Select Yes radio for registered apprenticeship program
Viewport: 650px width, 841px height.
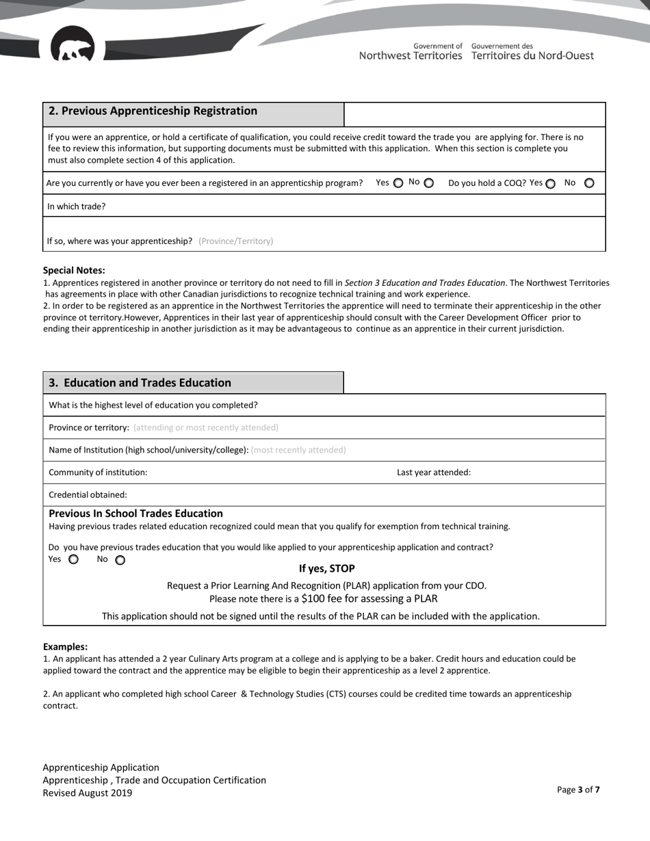pyautogui.click(x=398, y=183)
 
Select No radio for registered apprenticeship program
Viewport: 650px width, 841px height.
pyautogui.click(x=429, y=183)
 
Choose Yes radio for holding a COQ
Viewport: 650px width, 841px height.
pyautogui.click(x=551, y=184)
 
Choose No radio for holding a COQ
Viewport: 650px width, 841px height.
pyautogui.click(x=590, y=183)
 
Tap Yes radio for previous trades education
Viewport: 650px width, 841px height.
pyautogui.click(x=74, y=559)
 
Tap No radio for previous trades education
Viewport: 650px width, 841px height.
pyautogui.click(x=120, y=561)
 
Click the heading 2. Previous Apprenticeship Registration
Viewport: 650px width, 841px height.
pyautogui.click(x=153, y=111)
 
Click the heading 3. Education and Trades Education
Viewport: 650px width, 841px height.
pyautogui.click(x=140, y=383)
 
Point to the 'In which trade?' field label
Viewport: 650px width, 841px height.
pyautogui.click(x=77, y=206)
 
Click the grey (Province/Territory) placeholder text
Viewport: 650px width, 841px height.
pyautogui.click(x=235, y=241)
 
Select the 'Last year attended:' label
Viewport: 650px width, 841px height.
pyautogui.click(x=434, y=472)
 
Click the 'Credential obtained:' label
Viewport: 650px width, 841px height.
pyautogui.click(x=88, y=495)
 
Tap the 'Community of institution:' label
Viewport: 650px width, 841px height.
pyautogui.click(x=98, y=472)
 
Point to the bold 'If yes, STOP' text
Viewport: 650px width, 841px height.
pyautogui.click(x=326, y=569)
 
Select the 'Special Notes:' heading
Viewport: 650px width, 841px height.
pyautogui.click(x=74, y=271)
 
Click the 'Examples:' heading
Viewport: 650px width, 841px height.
pyautogui.click(x=65, y=647)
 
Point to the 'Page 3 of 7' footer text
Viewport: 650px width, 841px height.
pyautogui.click(x=578, y=790)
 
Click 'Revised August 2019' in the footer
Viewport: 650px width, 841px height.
pyautogui.click(x=88, y=793)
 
